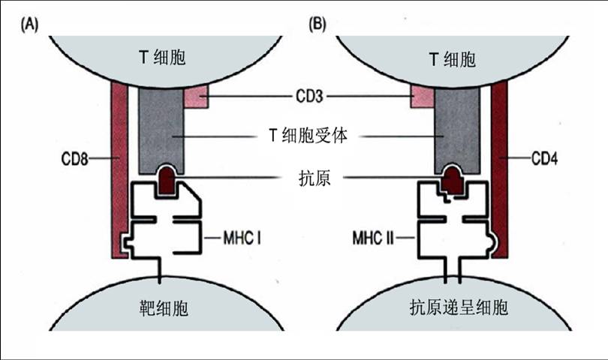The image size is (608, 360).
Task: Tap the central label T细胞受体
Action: pos(308,136)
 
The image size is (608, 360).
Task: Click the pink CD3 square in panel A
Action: pos(195,96)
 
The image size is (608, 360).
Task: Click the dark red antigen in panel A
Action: pos(167,180)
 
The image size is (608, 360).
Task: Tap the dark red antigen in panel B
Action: pos(452,180)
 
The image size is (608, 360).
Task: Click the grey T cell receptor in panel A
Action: pos(162,127)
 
